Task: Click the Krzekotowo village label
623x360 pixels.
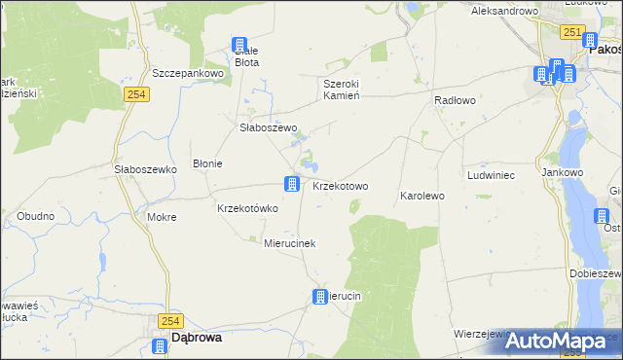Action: tap(340, 186)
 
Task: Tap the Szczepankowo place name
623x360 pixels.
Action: tap(189, 73)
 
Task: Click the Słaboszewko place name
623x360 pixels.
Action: tap(144, 168)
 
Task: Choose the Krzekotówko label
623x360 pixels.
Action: tap(247, 208)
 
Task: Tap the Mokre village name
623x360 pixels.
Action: tap(162, 217)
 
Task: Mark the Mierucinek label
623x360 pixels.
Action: tap(290, 243)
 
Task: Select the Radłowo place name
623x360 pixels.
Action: tap(454, 100)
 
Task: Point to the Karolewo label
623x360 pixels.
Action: tap(421, 196)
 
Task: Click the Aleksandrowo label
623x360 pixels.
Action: tap(504, 11)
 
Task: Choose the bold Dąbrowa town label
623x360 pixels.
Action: tap(196, 338)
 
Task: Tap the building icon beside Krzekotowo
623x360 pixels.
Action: tap(291, 183)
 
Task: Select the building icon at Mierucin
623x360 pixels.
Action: tap(319, 297)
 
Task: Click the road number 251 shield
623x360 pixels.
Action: tap(571, 33)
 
